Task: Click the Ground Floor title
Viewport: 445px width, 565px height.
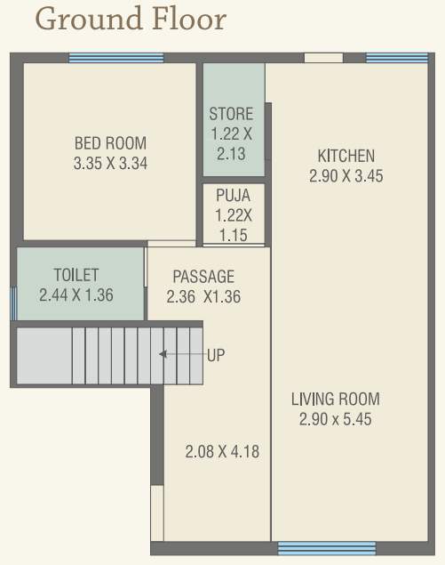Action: tap(131, 19)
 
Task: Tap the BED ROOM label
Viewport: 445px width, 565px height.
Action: tap(110, 143)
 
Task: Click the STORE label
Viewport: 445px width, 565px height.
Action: tap(231, 114)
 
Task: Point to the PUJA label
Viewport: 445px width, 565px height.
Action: tap(233, 195)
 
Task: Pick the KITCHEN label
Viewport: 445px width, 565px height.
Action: tap(346, 157)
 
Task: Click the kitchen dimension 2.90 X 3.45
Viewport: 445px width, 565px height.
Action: tap(346, 176)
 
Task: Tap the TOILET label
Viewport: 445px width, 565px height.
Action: tap(76, 275)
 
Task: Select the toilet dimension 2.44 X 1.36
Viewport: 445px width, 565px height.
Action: tap(76, 295)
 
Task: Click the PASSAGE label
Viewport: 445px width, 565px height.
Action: tap(203, 276)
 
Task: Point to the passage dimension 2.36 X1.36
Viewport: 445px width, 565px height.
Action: tap(203, 296)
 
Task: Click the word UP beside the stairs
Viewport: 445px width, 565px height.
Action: tap(216, 355)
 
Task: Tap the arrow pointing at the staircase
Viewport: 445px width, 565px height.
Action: tap(181, 354)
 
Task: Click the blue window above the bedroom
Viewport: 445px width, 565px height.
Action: tap(116, 58)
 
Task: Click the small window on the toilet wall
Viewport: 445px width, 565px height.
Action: tap(13, 303)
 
